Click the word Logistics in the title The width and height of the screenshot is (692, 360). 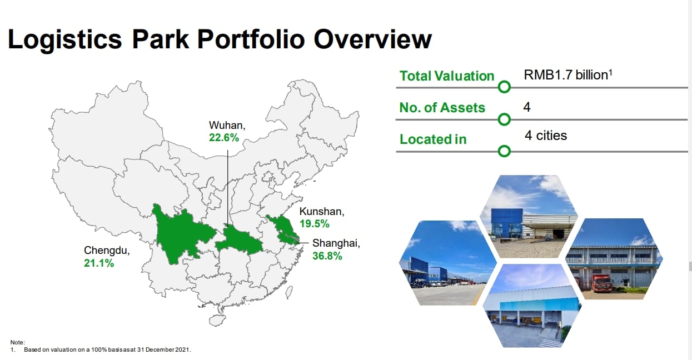65,40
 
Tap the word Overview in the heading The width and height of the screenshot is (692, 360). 372,39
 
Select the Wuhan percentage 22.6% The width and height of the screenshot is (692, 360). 224,137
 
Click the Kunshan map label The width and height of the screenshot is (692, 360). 322,212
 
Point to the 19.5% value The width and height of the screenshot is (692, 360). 315,223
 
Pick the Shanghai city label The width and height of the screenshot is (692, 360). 336,243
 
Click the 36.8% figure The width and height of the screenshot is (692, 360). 327,256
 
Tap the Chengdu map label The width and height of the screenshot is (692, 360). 107,251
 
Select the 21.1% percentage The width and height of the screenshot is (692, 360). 99,263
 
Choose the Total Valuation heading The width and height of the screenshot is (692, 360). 447,76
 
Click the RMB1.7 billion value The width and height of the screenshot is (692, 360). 568,75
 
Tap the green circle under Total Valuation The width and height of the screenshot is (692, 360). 504,87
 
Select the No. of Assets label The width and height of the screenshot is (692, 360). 442,108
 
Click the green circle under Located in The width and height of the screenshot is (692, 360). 504,151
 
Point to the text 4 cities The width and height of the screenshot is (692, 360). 546,136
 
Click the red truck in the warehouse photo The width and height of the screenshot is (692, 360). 601,283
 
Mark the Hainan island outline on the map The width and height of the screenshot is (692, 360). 217,320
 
